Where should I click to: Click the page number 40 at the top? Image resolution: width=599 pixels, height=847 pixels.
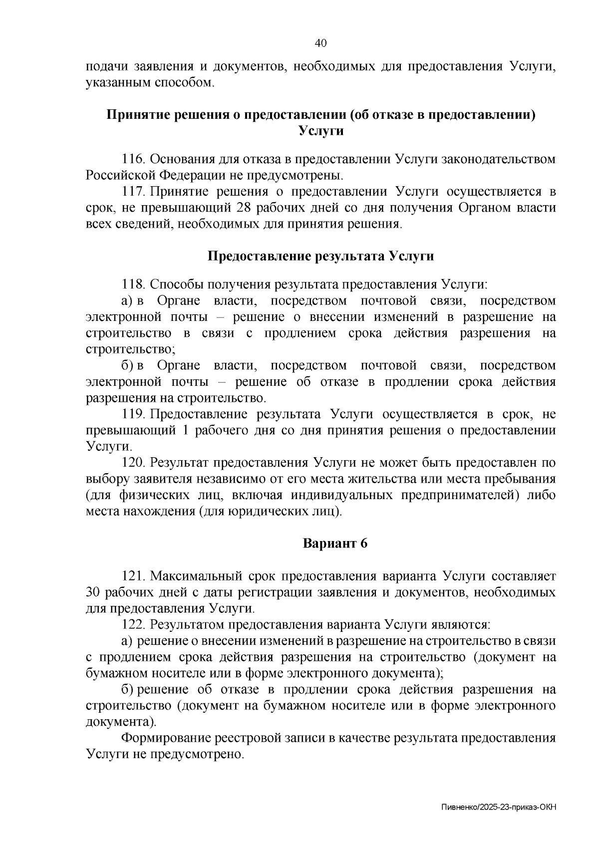[x=320, y=43]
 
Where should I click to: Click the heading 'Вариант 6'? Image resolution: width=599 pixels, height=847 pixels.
[x=335, y=544]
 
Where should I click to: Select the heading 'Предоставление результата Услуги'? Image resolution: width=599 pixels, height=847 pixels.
[x=320, y=257]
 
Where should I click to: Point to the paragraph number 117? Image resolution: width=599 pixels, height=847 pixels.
[x=133, y=192]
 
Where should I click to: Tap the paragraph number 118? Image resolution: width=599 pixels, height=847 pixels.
[x=133, y=285]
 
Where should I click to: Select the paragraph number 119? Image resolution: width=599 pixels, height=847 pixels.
[x=133, y=414]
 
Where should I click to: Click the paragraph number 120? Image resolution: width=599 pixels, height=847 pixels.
[x=133, y=463]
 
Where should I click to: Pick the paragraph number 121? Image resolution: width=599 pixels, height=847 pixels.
[x=133, y=576]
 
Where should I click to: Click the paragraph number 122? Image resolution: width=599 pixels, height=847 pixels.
[x=133, y=625]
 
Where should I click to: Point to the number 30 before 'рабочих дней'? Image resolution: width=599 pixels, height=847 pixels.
[x=94, y=592]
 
